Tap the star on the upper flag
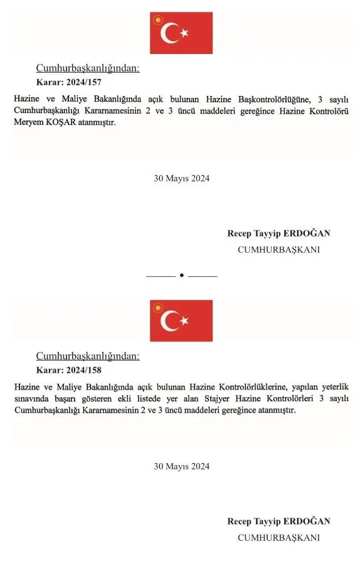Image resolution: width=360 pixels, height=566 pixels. tap(184, 33)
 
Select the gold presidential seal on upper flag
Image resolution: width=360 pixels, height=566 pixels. tap(156, 19)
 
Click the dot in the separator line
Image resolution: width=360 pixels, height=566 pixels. tap(181, 275)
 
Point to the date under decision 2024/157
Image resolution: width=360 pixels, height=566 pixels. tap(181, 178)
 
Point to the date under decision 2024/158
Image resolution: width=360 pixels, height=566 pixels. tap(181, 466)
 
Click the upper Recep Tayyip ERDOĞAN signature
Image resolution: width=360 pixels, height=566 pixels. tap(278, 233)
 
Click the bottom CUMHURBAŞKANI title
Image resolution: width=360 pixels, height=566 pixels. tap(278, 537)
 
